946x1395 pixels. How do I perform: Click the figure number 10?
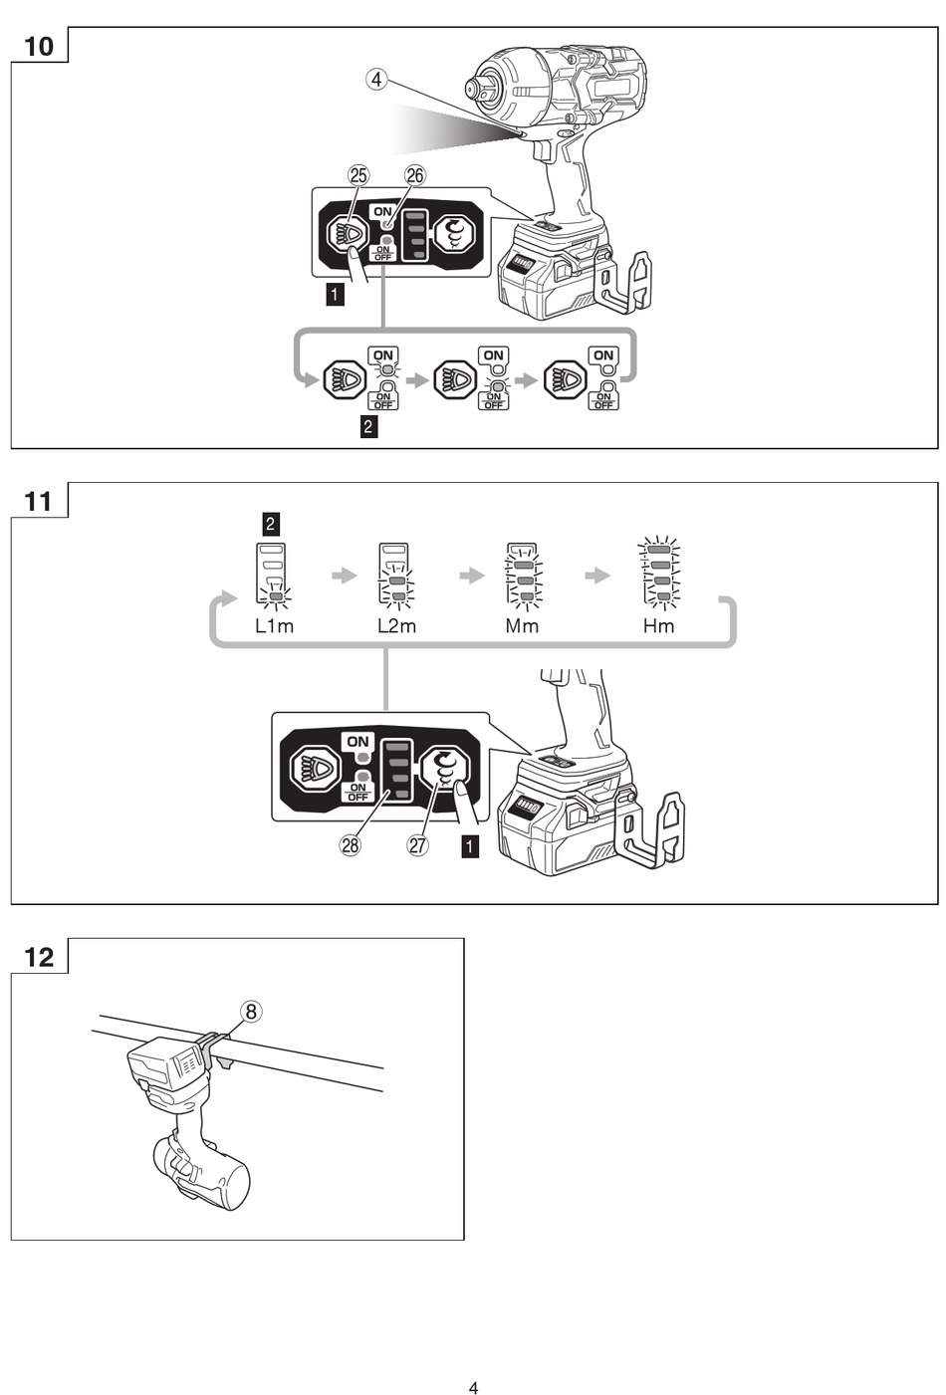(39, 46)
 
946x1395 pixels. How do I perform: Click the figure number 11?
(39, 501)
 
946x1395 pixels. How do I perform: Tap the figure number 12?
(39, 957)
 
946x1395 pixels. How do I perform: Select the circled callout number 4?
(376, 80)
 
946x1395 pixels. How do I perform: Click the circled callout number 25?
(358, 175)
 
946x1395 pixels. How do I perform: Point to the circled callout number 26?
(415, 175)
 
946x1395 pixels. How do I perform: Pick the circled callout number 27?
(418, 845)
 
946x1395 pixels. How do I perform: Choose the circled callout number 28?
(351, 845)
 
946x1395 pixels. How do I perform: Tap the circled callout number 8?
(251, 1011)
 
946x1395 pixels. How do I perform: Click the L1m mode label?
(274, 626)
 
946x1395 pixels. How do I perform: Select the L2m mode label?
(396, 626)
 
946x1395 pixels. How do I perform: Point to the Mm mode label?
(522, 626)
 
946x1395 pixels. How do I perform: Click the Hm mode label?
(658, 626)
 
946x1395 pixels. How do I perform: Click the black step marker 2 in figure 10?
(368, 426)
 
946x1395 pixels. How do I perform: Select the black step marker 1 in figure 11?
(470, 847)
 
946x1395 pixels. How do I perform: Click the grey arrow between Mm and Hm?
(597, 576)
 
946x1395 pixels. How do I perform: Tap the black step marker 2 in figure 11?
(270, 524)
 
